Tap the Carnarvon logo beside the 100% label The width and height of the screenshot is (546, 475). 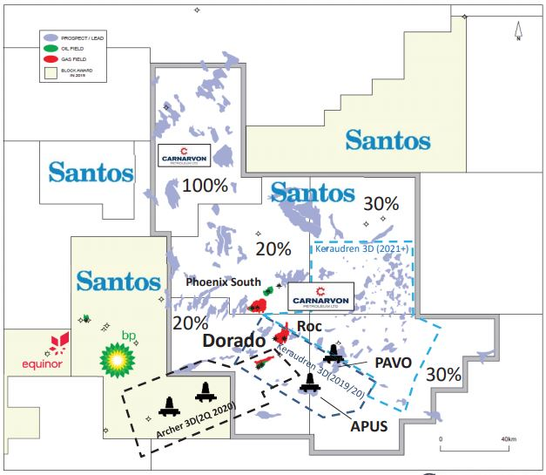[x=184, y=156]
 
